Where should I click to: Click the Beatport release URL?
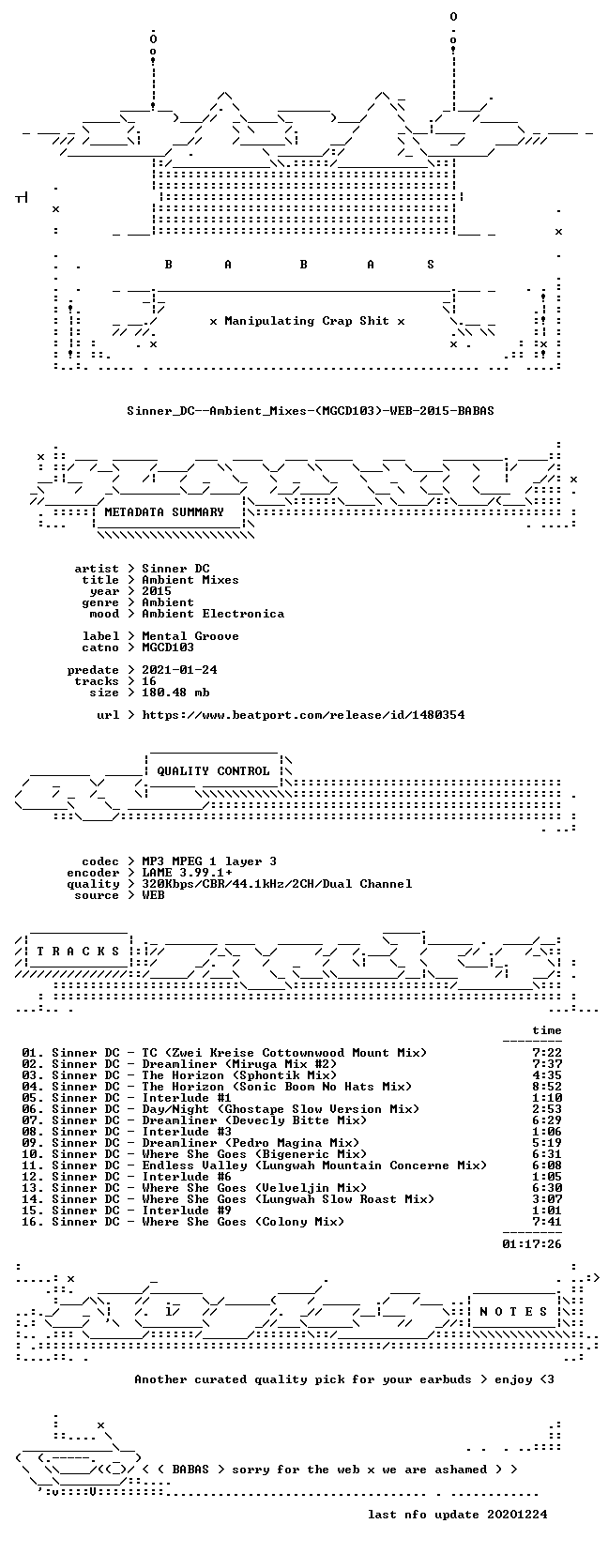tap(303, 714)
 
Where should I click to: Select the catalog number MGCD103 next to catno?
tap(168, 647)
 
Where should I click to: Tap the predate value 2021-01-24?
tap(179, 669)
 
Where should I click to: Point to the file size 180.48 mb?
tap(175, 693)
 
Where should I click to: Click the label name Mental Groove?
tap(190, 636)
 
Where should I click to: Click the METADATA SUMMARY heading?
tap(164, 512)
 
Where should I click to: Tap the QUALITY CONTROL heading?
tap(213, 770)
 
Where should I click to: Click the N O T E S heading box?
tap(514, 1311)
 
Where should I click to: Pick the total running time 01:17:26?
tap(532, 1244)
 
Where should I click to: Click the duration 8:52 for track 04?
tap(547, 1087)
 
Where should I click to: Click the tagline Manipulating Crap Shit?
tap(307, 321)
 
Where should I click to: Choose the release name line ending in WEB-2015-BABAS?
tap(311, 411)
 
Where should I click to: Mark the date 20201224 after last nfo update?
tap(517, 1515)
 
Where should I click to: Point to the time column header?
tap(547, 1030)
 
